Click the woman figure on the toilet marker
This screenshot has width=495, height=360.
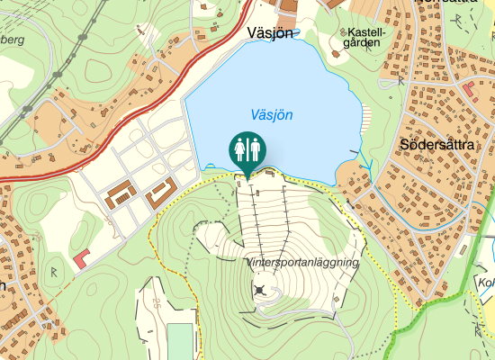click(x=239, y=147)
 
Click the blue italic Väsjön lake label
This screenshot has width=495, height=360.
click(x=271, y=115)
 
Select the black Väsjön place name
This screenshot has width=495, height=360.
click(x=271, y=33)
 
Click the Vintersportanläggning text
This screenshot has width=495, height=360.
click(x=302, y=262)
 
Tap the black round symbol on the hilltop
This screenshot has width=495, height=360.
click(x=261, y=290)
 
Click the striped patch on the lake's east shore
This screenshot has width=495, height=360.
click(x=365, y=116)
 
